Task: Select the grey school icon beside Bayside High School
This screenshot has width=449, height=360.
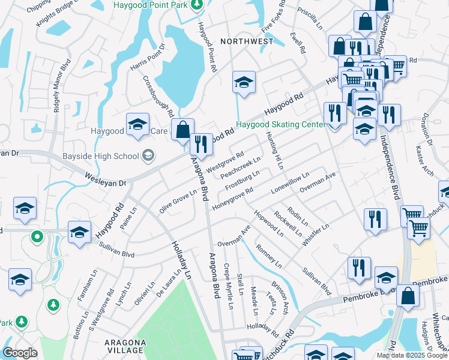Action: click(x=147, y=157)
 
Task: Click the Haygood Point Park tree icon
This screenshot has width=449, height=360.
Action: click(x=196, y=5)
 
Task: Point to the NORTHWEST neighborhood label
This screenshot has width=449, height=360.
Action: click(x=247, y=41)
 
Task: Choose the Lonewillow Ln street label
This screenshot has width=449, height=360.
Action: click(x=290, y=182)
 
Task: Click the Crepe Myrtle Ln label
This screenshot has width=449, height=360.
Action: click(x=229, y=286)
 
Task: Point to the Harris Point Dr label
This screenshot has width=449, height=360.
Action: click(x=147, y=56)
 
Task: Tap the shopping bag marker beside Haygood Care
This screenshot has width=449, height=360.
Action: click(x=182, y=130)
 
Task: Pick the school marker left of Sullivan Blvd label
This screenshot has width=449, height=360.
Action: click(x=79, y=232)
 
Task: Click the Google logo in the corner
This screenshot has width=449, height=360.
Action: click(x=20, y=353)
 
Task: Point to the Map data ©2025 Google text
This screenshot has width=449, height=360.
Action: click(x=411, y=355)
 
